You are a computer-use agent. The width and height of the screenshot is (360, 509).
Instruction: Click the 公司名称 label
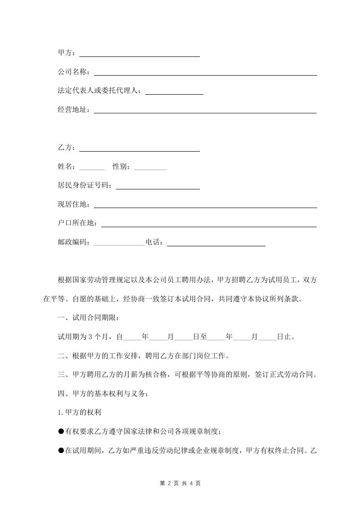click(73, 72)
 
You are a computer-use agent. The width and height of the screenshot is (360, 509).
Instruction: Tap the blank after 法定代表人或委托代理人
click(174, 92)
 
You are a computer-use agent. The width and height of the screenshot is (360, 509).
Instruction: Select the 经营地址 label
click(73, 110)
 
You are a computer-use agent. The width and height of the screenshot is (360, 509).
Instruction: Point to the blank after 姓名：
click(92, 168)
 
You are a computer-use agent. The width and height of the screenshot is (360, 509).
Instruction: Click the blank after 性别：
click(151, 168)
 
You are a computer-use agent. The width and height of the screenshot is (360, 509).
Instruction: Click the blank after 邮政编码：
click(119, 244)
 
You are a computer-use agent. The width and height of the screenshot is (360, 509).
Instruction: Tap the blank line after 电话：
click(216, 244)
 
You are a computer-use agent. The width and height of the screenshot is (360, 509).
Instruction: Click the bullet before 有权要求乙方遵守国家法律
click(61, 432)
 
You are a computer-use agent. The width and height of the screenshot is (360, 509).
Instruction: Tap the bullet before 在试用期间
click(61, 451)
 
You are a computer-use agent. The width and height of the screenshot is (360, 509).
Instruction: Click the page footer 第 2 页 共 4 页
click(180, 483)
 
